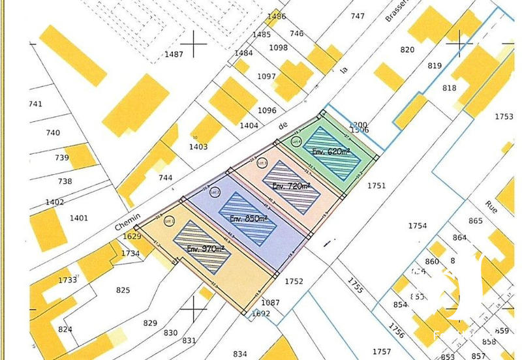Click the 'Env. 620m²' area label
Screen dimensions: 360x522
pos(331,151)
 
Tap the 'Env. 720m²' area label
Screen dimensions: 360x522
pos(292,186)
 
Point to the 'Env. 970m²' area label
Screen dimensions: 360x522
pos(206,248)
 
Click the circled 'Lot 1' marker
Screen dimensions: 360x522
pos(170,220)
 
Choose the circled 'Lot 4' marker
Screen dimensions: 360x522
pos(296,141)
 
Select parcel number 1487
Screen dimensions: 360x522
pos(174,54)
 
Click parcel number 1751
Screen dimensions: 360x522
pos(376,185)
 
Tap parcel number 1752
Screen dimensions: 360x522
pos(294,281)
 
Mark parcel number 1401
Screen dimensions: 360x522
pos(78,217)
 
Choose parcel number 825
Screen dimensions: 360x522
pos(122,290)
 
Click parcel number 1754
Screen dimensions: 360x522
pos(418,226)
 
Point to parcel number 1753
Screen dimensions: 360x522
pos(504,117)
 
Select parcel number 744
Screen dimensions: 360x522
pos(165,177)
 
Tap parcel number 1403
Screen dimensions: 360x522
pos(198,147)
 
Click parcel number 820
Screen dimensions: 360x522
pos(407,50)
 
